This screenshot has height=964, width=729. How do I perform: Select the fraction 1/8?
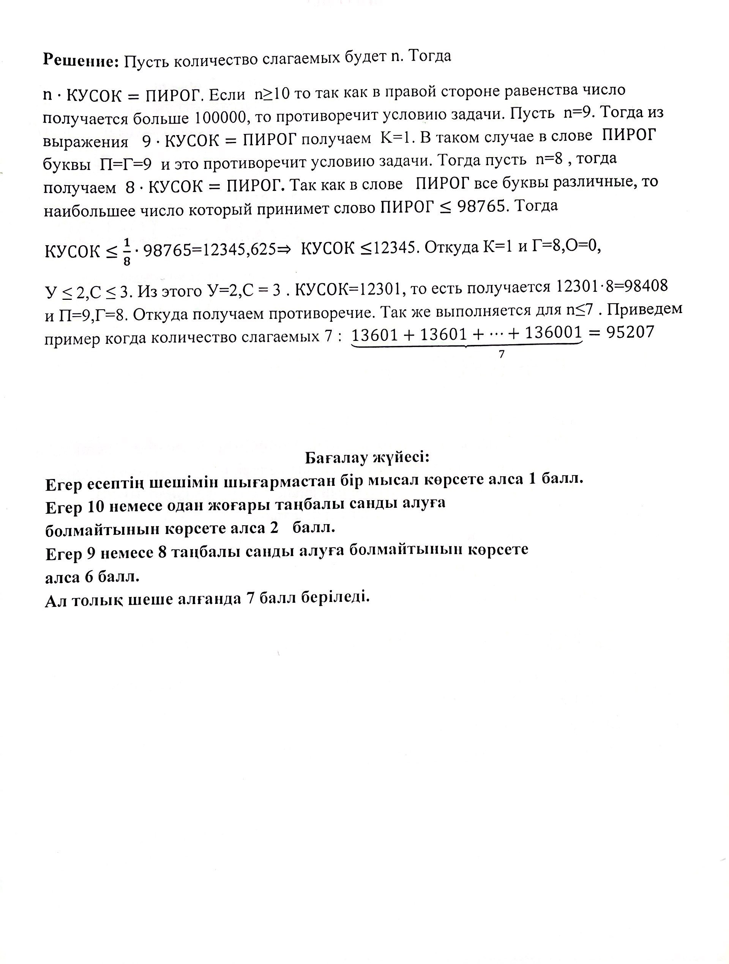126,252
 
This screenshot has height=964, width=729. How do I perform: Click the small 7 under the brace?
502,354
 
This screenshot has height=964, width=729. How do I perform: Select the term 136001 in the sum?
553,333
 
